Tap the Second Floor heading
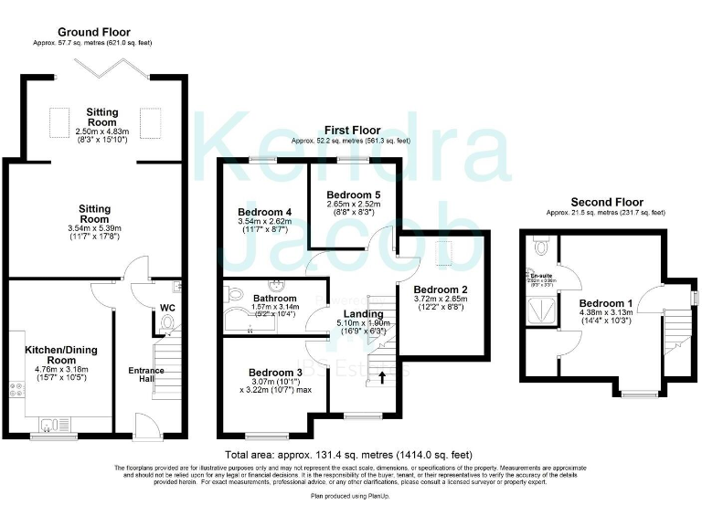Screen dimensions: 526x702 pyautogui.click(x=606, y=202)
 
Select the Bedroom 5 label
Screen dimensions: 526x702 pyautogui.click(x=353, y=195)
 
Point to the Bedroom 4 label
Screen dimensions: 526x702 pyautogui.click(x=264, y=212)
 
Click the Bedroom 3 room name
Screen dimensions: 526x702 pyautogui.click(x=274, y=372)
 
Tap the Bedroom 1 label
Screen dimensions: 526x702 pyautogui.click(x=606, y=303)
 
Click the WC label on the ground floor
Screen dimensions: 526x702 pyautogui.click(x=167, y=308)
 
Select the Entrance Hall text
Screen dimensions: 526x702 pyautogui.click(x=146, y=375)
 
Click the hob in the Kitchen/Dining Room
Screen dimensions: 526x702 pyautogui.click(x=16, y=393)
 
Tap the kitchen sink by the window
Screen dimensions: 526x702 pyautogui.click(x=61, y=422)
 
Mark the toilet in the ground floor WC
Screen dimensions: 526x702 pyautogui.click(x=167, y=323)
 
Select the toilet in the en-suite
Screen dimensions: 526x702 pyautogui.click(x=541, y=245)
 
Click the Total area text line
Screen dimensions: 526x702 pyautogui.click(x=350, y=455)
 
